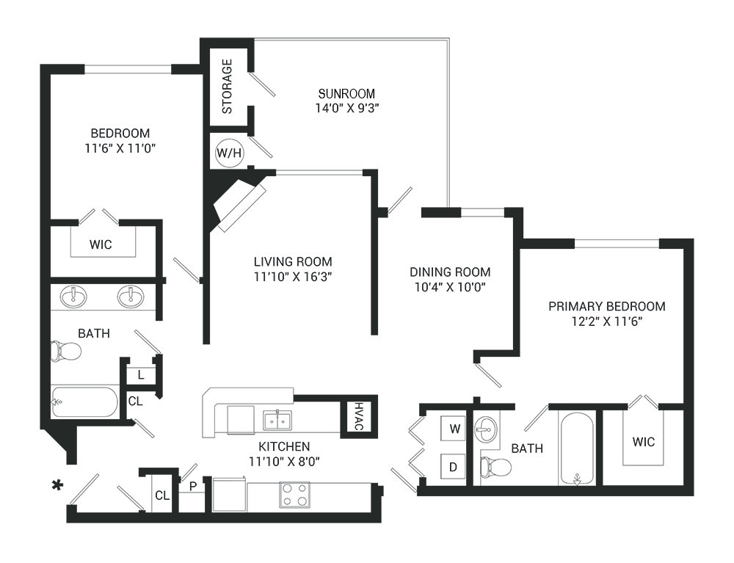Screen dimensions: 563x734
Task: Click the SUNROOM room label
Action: pos(346,93)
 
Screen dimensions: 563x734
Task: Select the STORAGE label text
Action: pos(227,86)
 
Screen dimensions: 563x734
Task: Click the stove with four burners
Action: pos(294,495)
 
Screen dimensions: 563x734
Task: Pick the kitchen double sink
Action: pos(277,420)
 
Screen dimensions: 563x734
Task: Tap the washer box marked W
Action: pos(454,429)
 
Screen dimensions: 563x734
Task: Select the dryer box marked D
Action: pos(454,465)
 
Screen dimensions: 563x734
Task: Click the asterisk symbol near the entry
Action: pos(55,484)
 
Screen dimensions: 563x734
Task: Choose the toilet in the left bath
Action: pos(65,351)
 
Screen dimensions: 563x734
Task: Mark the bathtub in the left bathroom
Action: pos(84,402)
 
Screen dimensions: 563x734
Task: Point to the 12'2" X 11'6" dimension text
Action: pos(606,321)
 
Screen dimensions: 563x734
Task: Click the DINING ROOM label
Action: pos(450,272)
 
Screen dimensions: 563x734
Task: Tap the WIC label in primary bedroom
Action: pos(643,442)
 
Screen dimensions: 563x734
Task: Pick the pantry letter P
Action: pos(192,485)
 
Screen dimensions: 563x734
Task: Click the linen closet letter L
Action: pos(140,375)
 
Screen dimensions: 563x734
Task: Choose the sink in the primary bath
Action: pos(485,425)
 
